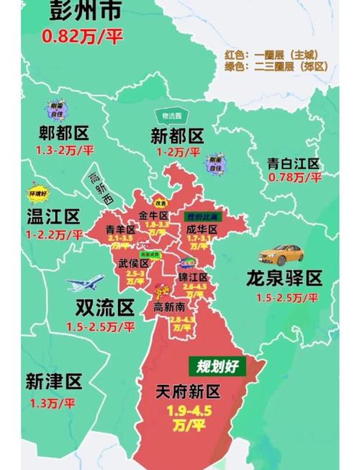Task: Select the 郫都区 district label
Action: click(x=64, y=134)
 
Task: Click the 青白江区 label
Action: click(x=292, y=163)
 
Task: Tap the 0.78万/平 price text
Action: click(x=293, y=177)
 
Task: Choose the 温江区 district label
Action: click(x=53, y=217)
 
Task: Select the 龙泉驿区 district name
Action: click(x=286, y=279)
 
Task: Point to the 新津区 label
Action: click(x=53, y=381)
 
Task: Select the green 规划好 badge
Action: click(x=217, y=365)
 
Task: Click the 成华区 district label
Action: click(x=202, y=229)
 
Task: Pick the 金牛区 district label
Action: click(x=153, y=216)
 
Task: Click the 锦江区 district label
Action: click(x=194, y=277)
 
